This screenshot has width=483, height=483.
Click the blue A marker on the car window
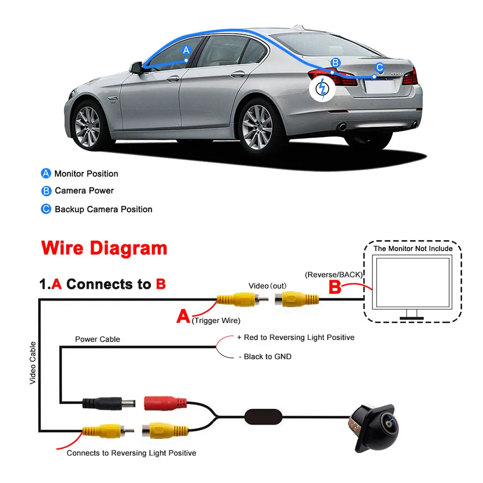186,50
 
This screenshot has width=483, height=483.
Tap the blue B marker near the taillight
336,62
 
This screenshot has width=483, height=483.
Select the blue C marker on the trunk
380,67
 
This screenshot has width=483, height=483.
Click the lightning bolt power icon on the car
323,89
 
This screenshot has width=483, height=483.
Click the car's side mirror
136,68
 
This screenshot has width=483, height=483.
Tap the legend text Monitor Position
86,174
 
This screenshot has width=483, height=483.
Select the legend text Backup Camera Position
103,209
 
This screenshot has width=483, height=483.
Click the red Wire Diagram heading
104,248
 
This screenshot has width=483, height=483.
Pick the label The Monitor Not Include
413,249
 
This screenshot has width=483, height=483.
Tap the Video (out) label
268,286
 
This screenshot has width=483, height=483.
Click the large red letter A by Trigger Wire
183,316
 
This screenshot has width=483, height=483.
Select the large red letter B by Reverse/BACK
335,287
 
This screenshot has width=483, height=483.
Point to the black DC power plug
109,403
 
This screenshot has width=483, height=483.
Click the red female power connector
165,403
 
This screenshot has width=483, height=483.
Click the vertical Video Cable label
33,363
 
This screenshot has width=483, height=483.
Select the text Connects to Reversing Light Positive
131,453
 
